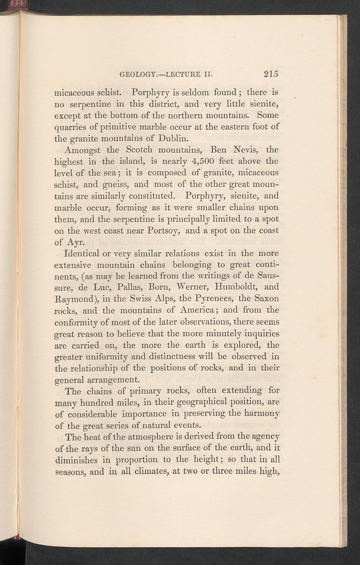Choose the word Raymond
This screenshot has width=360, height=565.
click(74, 299)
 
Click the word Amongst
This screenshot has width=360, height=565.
click(80, 149)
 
